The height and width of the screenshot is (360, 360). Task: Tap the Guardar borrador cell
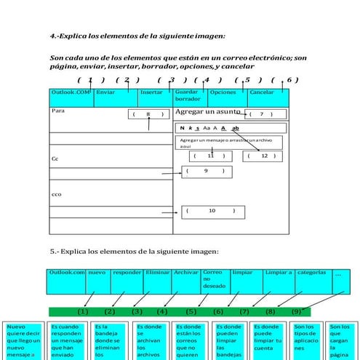(x=190, y=97)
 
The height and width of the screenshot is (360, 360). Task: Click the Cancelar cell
(x=268, y=97)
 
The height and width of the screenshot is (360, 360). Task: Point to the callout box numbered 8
(x=149, y=114)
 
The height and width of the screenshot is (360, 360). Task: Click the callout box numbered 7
(x=261, y=114)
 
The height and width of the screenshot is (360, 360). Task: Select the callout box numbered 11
(x=211, y=156)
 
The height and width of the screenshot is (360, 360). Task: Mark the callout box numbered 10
(x=211, y=211)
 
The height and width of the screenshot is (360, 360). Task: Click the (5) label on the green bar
(x=191, y=311)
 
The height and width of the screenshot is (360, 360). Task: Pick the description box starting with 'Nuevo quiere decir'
(x=23, y=340)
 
